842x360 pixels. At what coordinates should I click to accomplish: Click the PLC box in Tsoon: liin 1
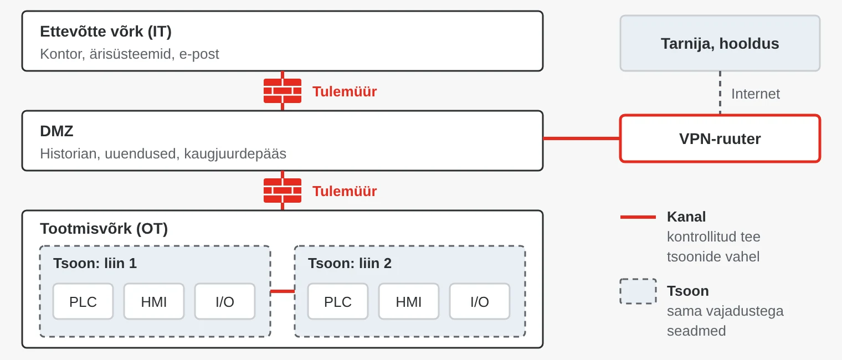tap(83, 301)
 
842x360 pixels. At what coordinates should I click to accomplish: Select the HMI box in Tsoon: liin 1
tap(154, 301)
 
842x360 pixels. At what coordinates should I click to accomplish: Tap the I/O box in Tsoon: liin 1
tap(225, 301)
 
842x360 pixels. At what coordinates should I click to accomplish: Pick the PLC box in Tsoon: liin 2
tap(338, 301)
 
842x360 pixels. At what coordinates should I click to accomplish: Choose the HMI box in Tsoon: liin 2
tap(409, 301)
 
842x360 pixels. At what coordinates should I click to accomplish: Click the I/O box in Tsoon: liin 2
tap(480, 301)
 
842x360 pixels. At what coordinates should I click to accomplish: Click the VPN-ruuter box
tap(720, 138)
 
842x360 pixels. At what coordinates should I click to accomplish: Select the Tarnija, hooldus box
tap(720, 43)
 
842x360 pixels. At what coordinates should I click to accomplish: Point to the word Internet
tap(756, 94)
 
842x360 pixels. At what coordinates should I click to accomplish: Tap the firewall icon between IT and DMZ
tap(283, 91)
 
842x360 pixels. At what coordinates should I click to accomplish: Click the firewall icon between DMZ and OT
tap(283, 191)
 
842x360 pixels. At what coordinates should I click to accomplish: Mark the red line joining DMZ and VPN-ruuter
tap(582, 138)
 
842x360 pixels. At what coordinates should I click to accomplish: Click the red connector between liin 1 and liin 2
tap(283, 291)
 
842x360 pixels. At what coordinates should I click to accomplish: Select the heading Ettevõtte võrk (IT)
tap(106, 32)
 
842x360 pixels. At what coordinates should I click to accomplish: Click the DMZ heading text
tap(57, 131)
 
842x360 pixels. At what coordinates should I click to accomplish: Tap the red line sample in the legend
tap(638, 217)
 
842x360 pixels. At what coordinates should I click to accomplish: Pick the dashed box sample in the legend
tap(638, 291)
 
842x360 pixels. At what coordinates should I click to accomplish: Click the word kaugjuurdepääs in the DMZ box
tap(235, 154)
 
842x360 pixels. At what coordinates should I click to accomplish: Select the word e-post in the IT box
tap(199, 54)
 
